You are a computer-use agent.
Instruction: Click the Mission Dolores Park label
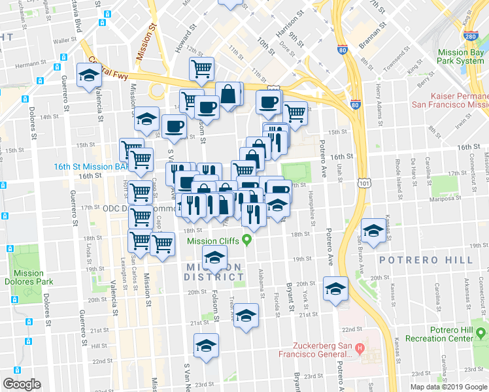coord(29,278)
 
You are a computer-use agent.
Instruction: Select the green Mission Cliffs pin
coord(247,240)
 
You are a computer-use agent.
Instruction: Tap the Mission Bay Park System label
coord(460,56)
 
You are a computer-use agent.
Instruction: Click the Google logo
coord(22,384)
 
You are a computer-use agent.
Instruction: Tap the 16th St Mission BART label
coord(86,167)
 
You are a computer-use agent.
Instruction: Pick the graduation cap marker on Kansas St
coord(373,231)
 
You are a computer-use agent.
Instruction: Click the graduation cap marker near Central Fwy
coord(88,75)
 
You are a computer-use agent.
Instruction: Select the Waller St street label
coord(61,41)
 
